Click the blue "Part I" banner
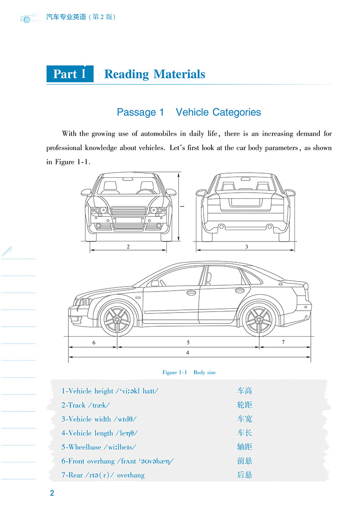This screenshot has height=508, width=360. [70, 74]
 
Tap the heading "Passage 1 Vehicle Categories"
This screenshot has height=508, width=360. [189, 112]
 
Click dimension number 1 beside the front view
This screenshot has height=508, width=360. [182, 206]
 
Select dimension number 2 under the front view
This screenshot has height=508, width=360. [129, 247]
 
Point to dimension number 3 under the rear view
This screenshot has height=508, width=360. [246, 247]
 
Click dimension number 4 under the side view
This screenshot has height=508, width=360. [187, 353]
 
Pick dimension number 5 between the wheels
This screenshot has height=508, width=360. [188, 342]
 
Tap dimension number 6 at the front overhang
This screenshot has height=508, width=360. [94, 342]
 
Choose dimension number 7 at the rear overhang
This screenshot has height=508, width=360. [283, 342]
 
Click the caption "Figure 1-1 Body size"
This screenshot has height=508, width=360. [189, 372]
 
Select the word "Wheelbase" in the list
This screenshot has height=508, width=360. [84, 447]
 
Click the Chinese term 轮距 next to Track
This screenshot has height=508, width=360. [245, 405]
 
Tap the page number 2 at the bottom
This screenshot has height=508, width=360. [52, 493]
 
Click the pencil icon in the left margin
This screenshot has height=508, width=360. [7, 251]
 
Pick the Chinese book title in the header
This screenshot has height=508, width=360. [81, 17]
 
